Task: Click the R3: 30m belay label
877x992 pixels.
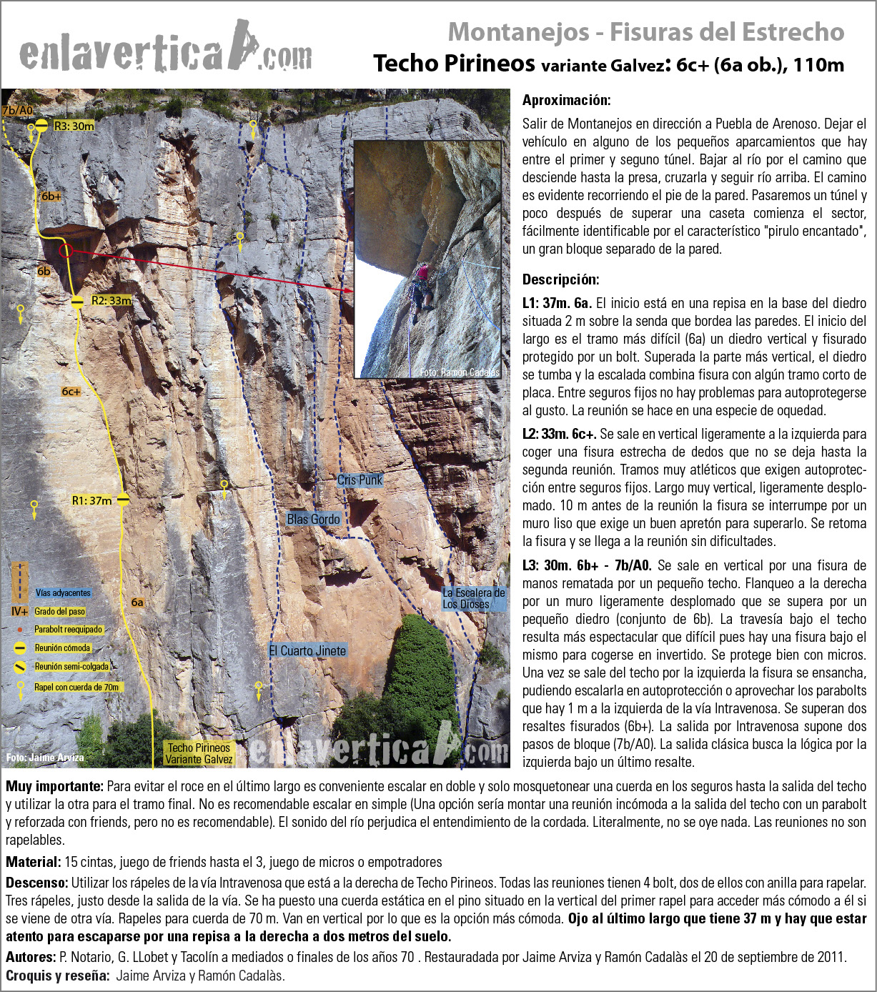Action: pyautogui.click(x=74, y=126)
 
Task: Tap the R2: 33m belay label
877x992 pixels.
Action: pyautogui.click(x=111, y=301)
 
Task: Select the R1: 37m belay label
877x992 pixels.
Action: pyautogui.click(x=91, y=500)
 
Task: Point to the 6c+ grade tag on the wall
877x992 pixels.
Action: pyautogui.click(x=71, y=392)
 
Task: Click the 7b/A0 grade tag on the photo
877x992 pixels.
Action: pyautogui.click(x=17, y=110)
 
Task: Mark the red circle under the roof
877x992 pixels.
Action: pyautogui.click(x=66, y=250)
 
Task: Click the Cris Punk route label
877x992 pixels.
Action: pyautogui.click(x=360, y=480)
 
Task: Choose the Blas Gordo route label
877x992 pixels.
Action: pyautogui.click(x=313, y=520)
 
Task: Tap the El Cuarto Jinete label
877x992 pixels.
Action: pyautogui.click(x=307, y=650)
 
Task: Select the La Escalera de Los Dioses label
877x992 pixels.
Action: pyautogui.click(x=473, y=598)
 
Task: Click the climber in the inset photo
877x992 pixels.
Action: pyautogui.click(x=422, y=286)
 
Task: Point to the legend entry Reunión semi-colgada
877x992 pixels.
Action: pyautogui.click(x=71, y=667)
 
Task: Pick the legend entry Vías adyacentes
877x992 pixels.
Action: pyautogui.click(x=63, y=592)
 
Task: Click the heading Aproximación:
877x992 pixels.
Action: pyautogui.click(x=566, y=100)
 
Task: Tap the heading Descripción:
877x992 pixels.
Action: pyautogui.click(x=561, y=279)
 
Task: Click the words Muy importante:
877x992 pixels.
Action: pyautogui.click(x=55, y=786)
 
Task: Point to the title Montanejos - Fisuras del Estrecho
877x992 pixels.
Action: pyautogui.click(x=645, y=31)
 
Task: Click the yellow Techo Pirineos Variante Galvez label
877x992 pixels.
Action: pyautogui.click(x=199, y=753)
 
